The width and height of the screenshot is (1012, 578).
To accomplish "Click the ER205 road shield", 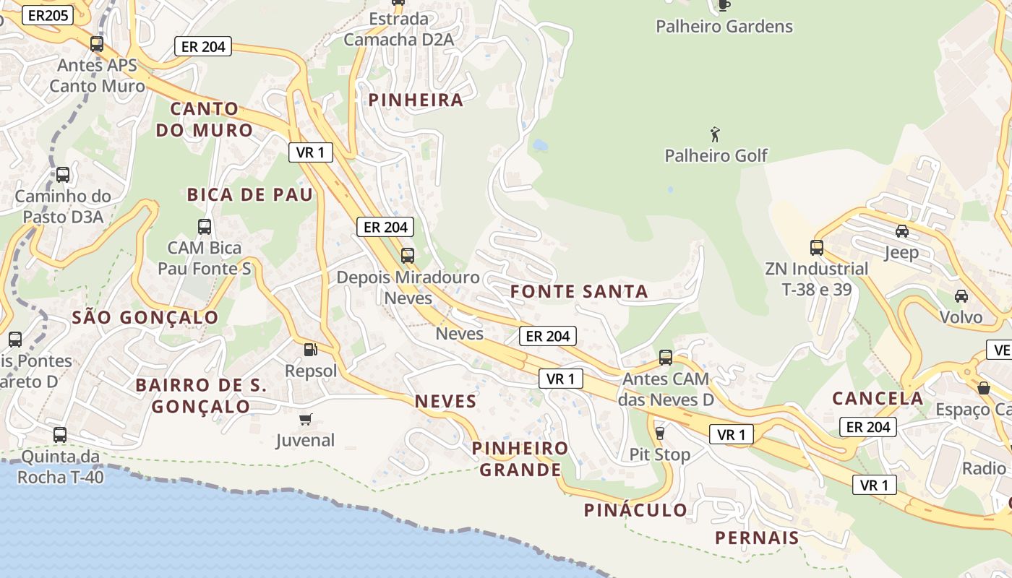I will (48, 15).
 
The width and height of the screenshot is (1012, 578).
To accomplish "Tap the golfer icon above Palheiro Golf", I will (716, 134).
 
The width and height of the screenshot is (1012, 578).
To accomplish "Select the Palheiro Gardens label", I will (724, 27).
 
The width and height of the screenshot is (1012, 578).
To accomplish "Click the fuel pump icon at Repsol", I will (310, 350).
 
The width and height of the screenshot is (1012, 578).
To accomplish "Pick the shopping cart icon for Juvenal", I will (306, 419).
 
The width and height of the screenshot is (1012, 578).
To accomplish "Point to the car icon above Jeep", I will (901, 231).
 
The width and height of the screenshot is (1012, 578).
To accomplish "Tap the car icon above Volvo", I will (961, 296).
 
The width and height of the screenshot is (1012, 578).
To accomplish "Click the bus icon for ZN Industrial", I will (817, 248).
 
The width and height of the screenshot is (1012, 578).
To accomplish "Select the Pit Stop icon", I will (659, 433).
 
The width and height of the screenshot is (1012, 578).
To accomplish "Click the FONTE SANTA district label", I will (579, 292).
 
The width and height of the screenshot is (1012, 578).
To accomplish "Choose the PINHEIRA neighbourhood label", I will (416, 100).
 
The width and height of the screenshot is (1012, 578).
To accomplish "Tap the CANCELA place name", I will (878, 398).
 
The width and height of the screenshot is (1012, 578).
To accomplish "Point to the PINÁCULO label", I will (635, 510).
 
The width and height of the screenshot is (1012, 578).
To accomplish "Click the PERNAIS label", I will (757, 538).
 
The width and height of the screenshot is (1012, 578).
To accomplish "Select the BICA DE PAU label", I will (250, 194).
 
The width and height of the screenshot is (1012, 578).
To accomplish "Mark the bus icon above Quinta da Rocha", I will (60, 435).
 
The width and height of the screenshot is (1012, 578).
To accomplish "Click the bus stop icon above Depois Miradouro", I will (408, 255).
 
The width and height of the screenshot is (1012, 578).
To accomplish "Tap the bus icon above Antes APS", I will (97, 44).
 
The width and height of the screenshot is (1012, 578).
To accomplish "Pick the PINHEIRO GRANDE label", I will (520, 459).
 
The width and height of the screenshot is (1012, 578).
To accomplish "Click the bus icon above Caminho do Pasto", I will (63, 174).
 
